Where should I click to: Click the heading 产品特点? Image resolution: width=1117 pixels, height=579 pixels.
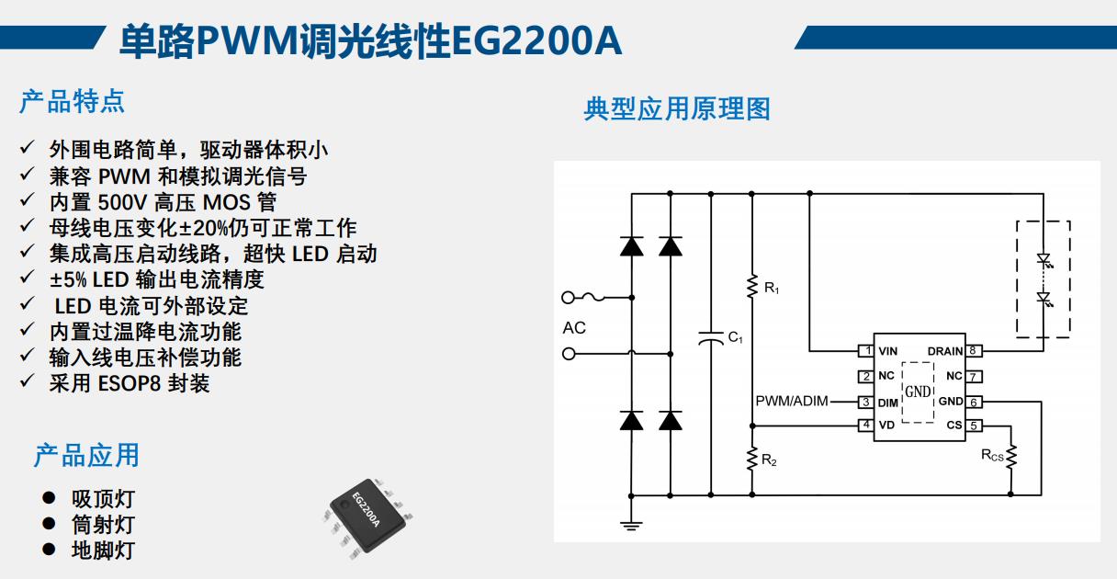click(72, 101)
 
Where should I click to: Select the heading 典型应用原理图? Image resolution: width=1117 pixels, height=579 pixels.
click(677, 108)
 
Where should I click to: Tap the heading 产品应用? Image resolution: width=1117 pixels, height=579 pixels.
click(86, 455)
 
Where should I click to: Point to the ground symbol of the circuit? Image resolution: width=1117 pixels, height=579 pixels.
click(630, 525)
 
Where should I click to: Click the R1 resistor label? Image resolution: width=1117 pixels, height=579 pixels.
click(772, 289)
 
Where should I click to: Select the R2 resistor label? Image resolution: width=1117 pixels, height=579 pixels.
click(770, 460)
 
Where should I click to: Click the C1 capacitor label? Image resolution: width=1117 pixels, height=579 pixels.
click(735, 338)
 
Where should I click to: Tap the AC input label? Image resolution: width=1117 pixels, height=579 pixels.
click(574, 328)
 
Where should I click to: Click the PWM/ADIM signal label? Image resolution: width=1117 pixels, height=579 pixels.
click(791, 402)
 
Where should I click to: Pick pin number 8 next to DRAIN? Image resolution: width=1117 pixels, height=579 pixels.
click(974, 351)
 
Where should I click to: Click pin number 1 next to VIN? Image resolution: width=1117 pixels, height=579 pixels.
click(864, 351)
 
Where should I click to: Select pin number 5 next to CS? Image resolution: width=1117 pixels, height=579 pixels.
click(974, 426)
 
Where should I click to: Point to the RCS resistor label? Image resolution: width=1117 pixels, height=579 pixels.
click(992, 455)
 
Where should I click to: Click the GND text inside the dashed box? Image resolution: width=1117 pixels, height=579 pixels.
click(918, 391)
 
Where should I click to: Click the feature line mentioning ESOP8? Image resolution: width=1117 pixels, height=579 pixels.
click(129, 383)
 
